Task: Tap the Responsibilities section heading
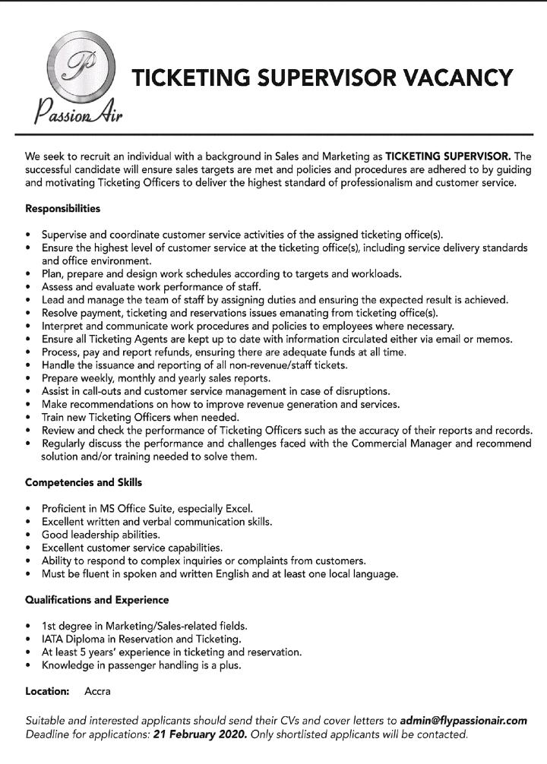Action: click(x=62, y=207)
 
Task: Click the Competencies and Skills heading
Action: click(x=84, y=482)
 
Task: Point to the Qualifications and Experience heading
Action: click(x=96, y=600)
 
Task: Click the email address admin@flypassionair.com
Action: click(x=463, y=720)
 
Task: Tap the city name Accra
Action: click(x=98, y=692)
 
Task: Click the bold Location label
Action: click(x=47, y=692)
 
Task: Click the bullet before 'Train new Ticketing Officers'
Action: click(x=29, y=417)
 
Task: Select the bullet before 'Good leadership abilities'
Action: click(x=29, y=535)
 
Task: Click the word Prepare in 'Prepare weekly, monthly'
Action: click(x=62, y=377)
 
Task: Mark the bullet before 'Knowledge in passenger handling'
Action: click(x=29, y=665)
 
